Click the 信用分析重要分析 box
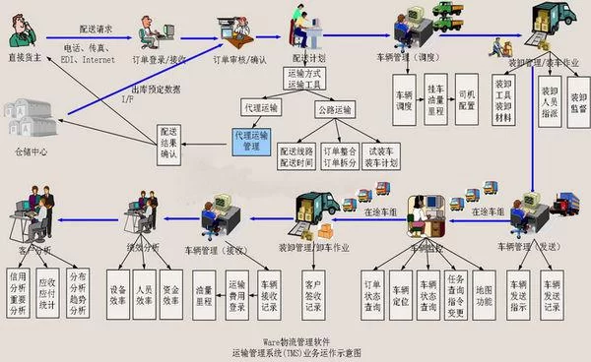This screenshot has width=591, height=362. pyautogui.click(x=17, y=290)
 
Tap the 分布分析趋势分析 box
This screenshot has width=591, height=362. pyautogui.click(x=77, y=290)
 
